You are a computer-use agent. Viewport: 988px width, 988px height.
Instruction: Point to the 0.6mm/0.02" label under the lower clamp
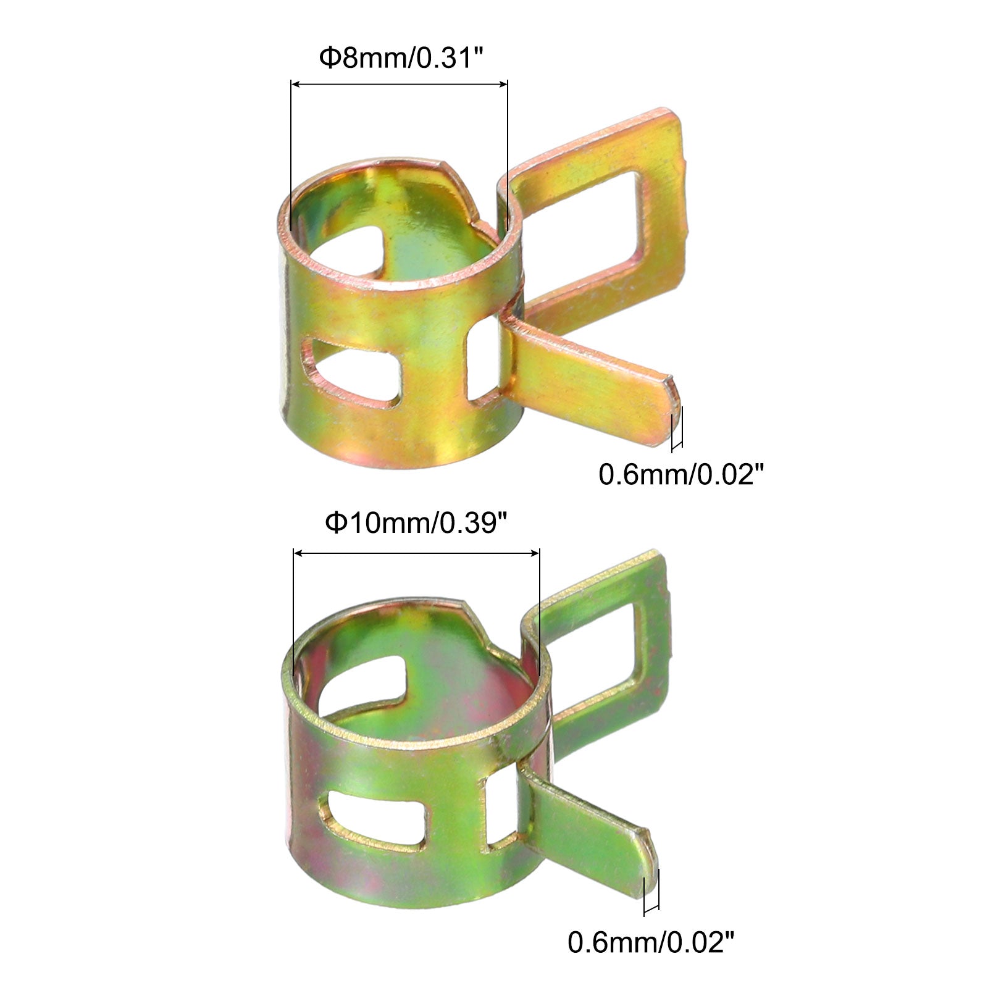click(651, 943)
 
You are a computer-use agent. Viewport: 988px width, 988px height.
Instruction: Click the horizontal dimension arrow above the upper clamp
click(399, 84)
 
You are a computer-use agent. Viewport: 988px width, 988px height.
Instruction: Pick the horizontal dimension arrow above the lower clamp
click(417, 553)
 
